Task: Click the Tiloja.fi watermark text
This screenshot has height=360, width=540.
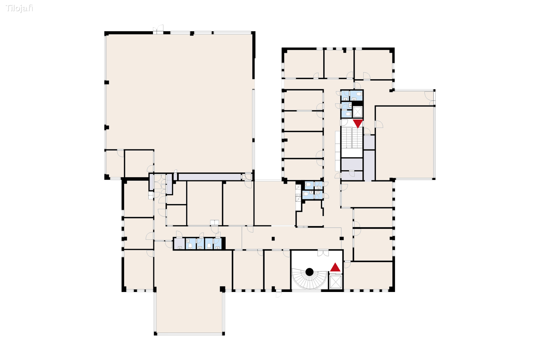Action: (x=19, y=8)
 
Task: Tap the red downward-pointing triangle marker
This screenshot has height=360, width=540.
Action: (x=358, y=123)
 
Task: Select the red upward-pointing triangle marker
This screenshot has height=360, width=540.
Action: (x=335, y=267)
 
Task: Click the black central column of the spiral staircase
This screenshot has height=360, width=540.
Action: (x=309, y=272)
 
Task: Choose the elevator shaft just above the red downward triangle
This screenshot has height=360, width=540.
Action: (x=357, y=112)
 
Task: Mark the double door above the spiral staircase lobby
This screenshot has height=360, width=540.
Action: (x=323, y=253)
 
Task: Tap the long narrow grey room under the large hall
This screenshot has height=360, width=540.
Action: (x=210, y=177)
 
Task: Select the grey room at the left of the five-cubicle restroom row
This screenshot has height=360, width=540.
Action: (x=179, y=244)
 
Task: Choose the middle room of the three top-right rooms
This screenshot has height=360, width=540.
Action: (x=339, y=63)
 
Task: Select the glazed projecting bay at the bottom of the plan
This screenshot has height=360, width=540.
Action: (x=190, y=311)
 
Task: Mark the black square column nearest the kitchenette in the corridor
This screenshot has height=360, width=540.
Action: (x=273, y=238)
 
